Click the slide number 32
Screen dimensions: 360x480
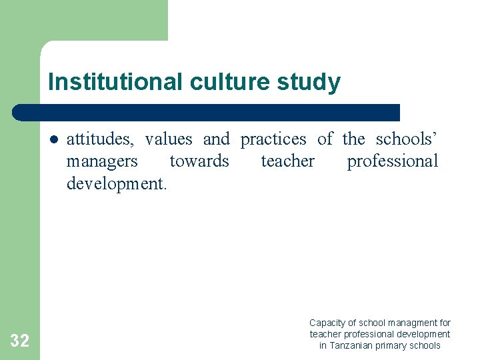point(19,341)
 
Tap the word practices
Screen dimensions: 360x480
point(273,139)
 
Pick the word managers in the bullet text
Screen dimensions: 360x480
point(102,161)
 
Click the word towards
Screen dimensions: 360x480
point(199,161)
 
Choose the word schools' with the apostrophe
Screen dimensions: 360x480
point(407,139)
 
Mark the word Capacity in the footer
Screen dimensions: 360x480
point(327,323)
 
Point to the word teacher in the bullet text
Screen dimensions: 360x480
point(287,161)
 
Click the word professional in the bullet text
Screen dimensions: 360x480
point(392,161)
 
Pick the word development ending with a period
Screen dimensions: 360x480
point(116,183)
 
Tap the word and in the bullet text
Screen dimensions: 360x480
point(216,139)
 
